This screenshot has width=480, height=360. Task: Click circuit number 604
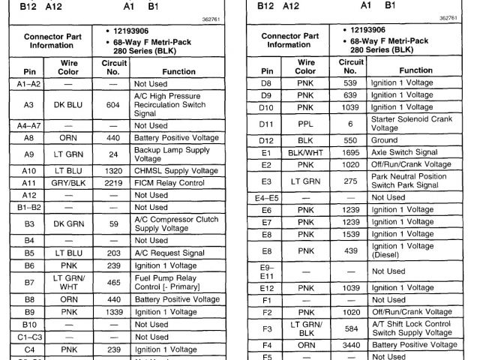(113, 106)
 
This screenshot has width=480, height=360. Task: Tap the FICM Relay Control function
(171, 182)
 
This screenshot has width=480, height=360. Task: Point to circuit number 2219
(113, 182)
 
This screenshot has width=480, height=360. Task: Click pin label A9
(28, 154)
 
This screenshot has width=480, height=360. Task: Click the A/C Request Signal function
(169, 253)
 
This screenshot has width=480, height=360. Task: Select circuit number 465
(113, 282)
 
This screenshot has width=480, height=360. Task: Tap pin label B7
(28, 282)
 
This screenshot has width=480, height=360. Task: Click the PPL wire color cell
(305, 123)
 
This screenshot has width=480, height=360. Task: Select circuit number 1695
(350, 152)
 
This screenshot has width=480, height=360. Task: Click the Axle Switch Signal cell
(406, 152)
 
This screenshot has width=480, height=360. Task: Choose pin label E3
(266, 181)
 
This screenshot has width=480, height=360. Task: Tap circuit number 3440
(350, 345)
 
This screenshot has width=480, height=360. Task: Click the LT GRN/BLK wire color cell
(305, 328)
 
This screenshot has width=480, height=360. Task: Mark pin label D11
(266, 123)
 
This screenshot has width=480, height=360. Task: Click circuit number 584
(350, 328)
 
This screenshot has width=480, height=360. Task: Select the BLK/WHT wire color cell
(305, 152)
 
